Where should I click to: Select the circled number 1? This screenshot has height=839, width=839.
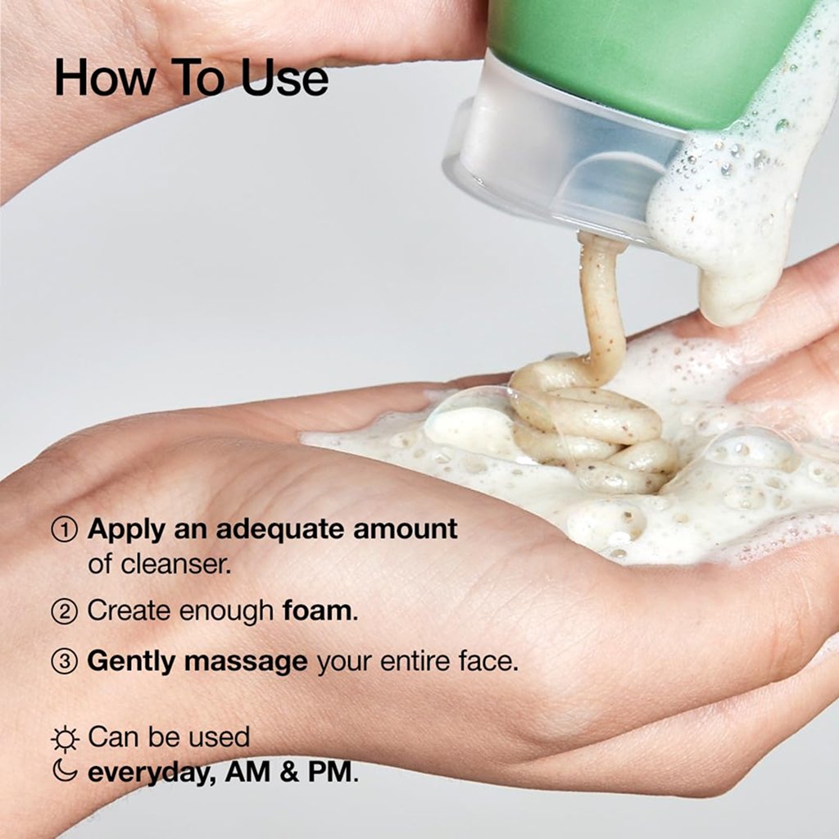(x=65, y=529)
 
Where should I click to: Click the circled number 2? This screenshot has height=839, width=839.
(x=65, y=611)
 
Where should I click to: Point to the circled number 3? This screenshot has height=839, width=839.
(x=65, y=662)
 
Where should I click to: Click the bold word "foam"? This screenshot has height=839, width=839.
(x=317, y=610)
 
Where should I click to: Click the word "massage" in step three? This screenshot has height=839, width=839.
(x=245, y=662)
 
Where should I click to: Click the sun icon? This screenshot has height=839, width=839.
(x=65, y=739)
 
